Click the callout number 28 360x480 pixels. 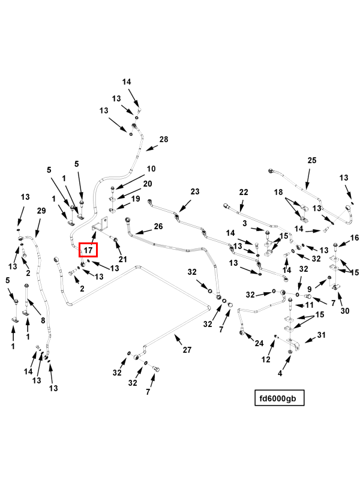coord(164,139)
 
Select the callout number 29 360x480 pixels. coord(41,211)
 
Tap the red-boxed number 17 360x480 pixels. coord(88,249)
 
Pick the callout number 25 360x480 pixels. coord(312,160)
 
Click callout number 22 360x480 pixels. coord(244,192)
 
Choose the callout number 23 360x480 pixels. coord(194,191)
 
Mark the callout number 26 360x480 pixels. coord(158,226)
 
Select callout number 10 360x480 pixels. coord(151,169)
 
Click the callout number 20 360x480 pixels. coord(148,184)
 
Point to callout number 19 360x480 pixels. coord(136,199)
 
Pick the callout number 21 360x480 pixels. coord(123,259)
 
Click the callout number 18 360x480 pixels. coord(278,191)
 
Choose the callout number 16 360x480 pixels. coord(355,238)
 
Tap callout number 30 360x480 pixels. coord(345,311)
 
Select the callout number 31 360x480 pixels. coord(321,335)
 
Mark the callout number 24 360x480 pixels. coord(259,344)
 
